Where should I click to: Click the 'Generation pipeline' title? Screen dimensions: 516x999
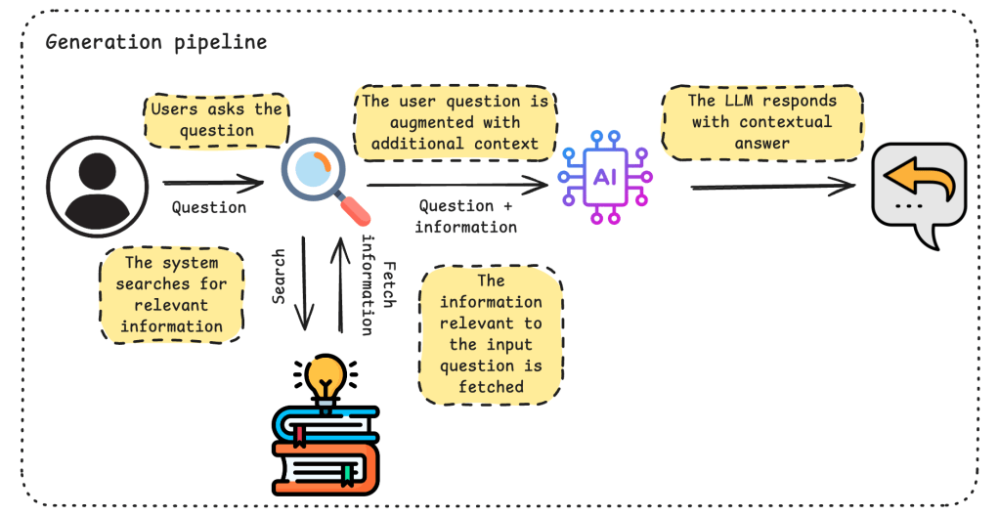155,43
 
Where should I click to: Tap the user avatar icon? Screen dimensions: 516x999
97,182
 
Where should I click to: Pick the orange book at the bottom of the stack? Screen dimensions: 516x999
326,467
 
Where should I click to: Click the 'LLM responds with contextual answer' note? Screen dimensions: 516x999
761,122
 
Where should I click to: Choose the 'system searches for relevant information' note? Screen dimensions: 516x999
171,294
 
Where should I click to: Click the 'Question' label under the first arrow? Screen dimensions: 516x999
208,207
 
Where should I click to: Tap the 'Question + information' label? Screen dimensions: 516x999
466,216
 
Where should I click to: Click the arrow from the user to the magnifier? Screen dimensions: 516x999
213,183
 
